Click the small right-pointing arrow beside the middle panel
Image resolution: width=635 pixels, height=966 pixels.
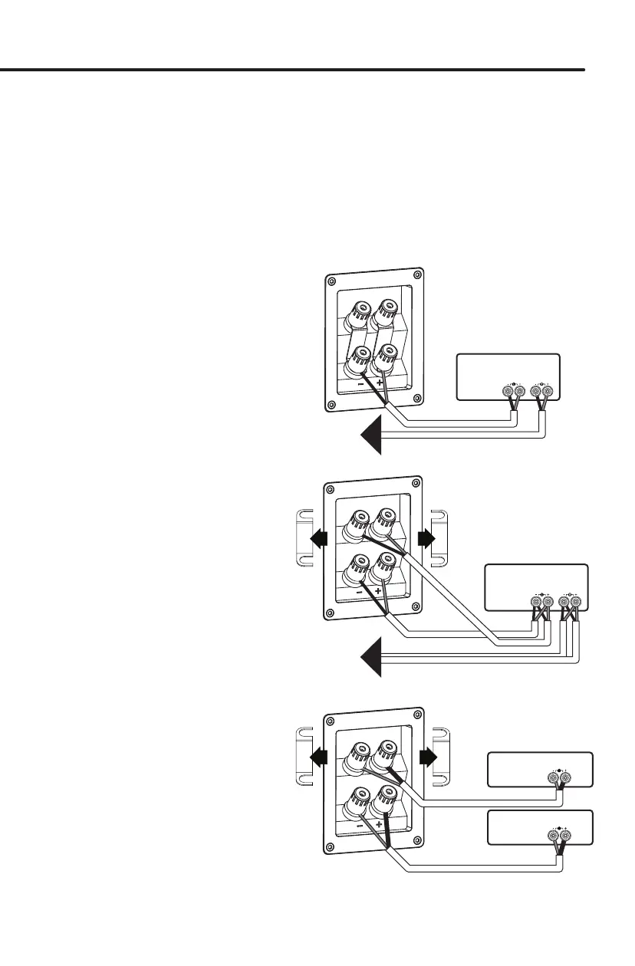(426, 538)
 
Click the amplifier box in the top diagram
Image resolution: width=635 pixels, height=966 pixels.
(508, 376)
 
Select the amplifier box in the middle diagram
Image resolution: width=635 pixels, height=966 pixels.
(536, 586)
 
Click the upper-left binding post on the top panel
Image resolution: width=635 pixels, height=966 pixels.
(360, 313)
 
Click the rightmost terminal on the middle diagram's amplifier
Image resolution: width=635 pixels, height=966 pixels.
(575, 603)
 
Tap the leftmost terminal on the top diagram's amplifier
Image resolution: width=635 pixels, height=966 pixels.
(507, 392)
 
